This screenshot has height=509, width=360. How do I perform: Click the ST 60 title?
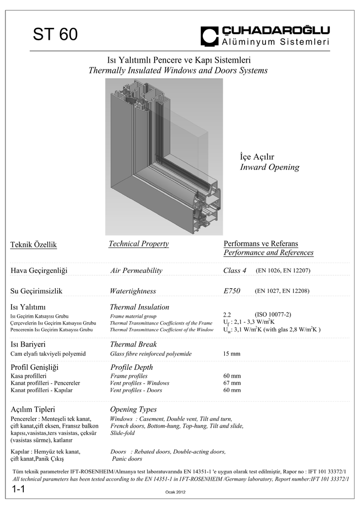(x=55, y=35)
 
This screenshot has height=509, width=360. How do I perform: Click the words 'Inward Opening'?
(x=270, y=167)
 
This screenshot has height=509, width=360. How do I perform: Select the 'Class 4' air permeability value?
(x=235, y=270)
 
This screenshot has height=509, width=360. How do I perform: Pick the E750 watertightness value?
(x=232, y=291)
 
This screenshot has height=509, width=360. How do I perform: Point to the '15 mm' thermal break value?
(x=232, y=353)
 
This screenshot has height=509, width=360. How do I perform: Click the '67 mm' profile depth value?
(x=232, y=383)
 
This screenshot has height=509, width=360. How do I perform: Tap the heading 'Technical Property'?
(x=139, y=244)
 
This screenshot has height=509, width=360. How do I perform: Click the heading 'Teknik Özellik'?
(x=34, y=245)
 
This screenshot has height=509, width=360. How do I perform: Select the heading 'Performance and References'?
(x=269, y=253)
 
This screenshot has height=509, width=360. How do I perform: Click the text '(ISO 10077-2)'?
(x=273, y=314)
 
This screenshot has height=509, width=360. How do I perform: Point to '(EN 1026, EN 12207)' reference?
(x=283, y=271)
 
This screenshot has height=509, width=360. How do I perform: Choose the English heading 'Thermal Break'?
(x=133, y=344)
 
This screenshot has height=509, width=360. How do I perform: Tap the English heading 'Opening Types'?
(x=133, y=410)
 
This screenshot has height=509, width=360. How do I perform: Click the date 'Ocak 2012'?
(x=175, y=492)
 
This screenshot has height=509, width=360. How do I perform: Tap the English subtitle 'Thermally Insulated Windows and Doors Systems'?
(x=178, y=71)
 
